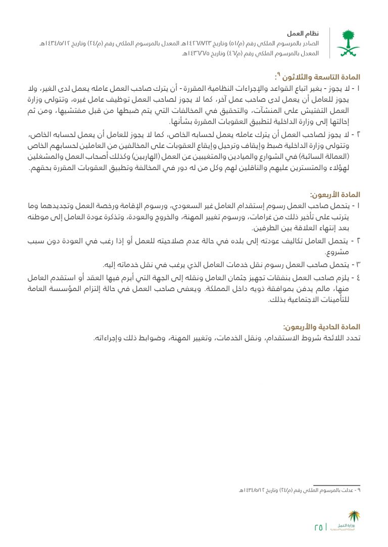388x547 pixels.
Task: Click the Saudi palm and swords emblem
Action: (x=349, y=42)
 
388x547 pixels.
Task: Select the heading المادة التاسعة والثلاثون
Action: (x=321, y=77)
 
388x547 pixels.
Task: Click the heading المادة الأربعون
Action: (x=335, y=194)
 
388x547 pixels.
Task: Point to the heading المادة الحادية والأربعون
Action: (x=321, y=327)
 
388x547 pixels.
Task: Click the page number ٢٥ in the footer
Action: (x=319, y=527)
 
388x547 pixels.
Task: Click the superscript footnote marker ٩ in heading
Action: (x=278, y=76)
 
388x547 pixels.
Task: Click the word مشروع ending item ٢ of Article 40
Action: (x=348, y=252)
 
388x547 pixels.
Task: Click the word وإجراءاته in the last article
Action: (x=108, y=338)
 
